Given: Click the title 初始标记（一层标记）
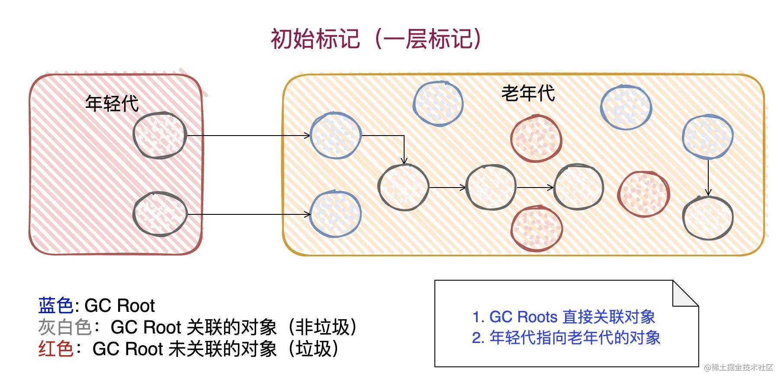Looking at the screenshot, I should (x=376, y=39).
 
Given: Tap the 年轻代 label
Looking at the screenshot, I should (x=112, y=104).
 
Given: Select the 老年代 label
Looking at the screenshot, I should (x=528, y=94).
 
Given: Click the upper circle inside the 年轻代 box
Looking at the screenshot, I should (x=160, y=135).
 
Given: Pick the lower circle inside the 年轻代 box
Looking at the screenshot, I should (x=160, y=214).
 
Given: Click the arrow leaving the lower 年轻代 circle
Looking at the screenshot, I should (x=249, y=214).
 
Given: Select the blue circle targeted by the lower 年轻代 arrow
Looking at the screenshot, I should (x=335, y=214).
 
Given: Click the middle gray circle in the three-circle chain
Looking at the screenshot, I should (x=491, y=187).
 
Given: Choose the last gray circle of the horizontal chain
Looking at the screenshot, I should (x=578, y=187).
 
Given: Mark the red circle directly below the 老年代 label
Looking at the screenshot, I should (x=536, y=139).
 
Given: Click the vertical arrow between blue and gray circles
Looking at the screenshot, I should (x=708, y=178).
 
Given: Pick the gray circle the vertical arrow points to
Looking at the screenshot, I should (x=708, y=218).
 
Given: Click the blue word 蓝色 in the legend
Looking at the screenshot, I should (x=56, y=306).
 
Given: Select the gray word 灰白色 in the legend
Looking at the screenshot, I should (x=64, y=327).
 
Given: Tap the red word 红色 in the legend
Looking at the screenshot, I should (x=56, y=349).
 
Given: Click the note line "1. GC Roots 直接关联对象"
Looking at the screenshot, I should (x=563, y=317).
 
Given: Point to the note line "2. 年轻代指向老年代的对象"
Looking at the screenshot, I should (x=566, y=338).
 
